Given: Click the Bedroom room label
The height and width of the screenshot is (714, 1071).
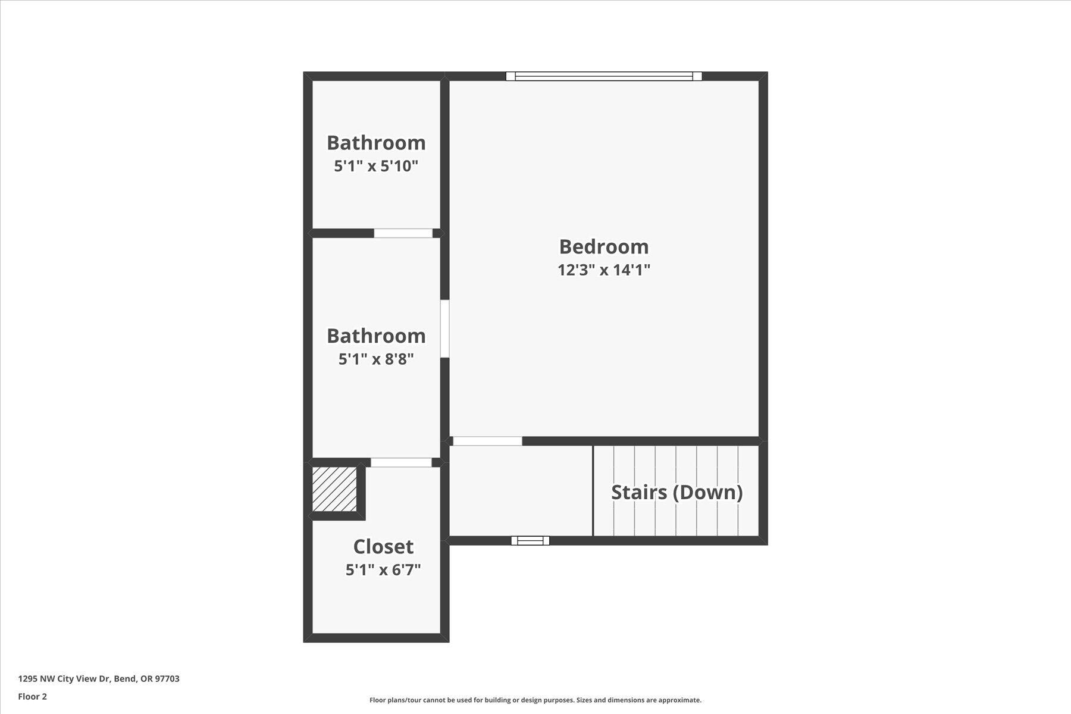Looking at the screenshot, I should [x=603, y=246].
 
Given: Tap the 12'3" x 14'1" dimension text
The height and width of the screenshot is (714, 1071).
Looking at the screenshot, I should [x=603, y=270].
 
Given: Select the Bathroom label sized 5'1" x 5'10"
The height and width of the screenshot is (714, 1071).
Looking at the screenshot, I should [x=376, y=143].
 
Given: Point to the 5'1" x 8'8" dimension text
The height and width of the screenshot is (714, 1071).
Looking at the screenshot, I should [x=376, y=359].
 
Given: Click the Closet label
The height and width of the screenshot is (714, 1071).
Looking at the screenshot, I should [x=383, y=546].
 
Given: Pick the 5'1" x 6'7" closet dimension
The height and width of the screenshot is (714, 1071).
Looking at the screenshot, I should [x=383, y=570].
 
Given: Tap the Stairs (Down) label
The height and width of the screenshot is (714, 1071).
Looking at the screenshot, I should [x=677, y=492].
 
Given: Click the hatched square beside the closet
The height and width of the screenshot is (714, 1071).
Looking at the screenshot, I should [x=334, y=489].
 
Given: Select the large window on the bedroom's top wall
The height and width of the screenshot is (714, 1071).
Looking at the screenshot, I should [x=603, y=76].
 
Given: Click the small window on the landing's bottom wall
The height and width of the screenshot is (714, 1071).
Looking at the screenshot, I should [x=530, y=540].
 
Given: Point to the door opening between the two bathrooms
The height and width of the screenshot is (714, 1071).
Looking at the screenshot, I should [x=403, y=233].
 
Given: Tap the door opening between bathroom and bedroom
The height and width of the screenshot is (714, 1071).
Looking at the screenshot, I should [x=444, y=328].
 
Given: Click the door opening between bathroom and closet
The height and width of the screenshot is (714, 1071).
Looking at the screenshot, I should [x=401, y=462].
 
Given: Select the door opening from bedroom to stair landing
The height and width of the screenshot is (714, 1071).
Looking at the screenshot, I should [x=487, y=441].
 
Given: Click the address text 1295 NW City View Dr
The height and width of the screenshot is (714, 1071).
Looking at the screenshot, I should [x=99, y=679].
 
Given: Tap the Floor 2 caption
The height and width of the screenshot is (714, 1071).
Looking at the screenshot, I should [x=32, y=697].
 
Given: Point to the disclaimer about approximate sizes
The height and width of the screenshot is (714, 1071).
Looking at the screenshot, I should [x=535, y=700].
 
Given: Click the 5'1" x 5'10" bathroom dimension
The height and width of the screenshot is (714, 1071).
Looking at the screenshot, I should [x=376, y=166].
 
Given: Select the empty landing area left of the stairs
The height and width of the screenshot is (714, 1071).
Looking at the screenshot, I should [x=520, y=491].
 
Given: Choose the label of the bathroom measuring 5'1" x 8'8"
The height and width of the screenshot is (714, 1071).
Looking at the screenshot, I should [x=376, y=336].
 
